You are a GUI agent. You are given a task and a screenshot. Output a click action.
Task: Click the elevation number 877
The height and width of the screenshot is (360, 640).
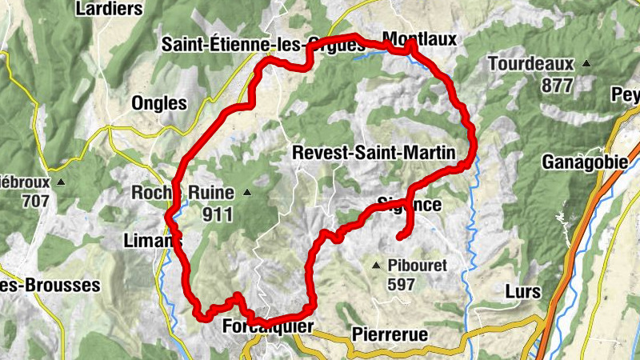(x=557, y=86)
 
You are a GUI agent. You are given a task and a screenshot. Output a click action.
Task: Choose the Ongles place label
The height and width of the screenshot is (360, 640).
(x=160, y=104)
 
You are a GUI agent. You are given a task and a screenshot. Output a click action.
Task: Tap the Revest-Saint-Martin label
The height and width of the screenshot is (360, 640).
(x=374, y=152)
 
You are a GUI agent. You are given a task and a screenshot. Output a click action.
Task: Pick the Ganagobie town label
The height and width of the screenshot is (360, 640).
(x=585, y=162)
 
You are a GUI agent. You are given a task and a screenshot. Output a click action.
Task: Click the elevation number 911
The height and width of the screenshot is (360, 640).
(x=217, y=214)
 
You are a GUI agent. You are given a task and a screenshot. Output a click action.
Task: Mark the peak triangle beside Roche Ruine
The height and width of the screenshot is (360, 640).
(x=247, y=192)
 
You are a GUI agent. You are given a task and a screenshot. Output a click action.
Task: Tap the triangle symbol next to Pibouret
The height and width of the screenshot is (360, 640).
(x=376, y=265)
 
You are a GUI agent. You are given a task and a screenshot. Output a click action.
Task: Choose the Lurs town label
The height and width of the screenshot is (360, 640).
(x=523, y=290)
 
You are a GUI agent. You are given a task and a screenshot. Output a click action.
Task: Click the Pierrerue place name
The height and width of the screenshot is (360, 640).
(x=389, y=334)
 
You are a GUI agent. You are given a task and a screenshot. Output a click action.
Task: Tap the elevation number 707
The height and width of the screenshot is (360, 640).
(x=36, y=201)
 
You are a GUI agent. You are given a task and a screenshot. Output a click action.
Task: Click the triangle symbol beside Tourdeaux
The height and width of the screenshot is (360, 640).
(x=586, y=64)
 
